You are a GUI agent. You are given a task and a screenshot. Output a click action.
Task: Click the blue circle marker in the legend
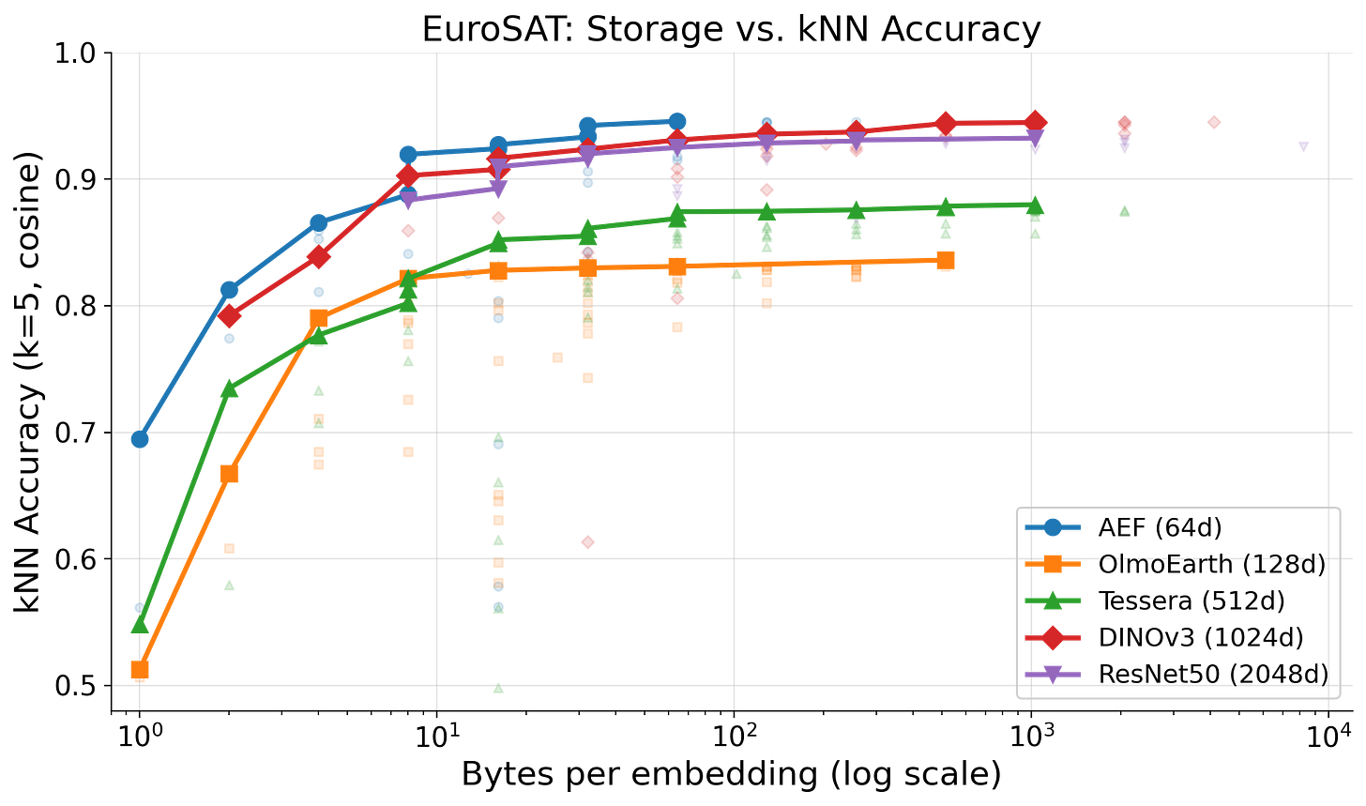click(x=1053, y=527)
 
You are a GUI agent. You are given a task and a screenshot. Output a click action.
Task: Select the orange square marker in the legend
click(x=1053, y=564)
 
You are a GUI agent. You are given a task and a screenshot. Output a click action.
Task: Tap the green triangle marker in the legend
click(x=1053, y=601)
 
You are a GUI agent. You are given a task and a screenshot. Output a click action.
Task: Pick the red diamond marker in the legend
click(x=1053, y=638)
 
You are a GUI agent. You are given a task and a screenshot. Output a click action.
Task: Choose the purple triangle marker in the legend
click(x=1053, y=674)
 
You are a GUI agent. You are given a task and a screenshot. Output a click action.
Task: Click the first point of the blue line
click(x=140, y=439)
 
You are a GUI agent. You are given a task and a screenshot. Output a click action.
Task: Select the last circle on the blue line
click(x=677, y=120)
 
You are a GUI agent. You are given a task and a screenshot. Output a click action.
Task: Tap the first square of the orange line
click(x=140, y=669)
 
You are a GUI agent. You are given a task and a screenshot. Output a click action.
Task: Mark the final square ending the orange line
click(x=946, y=261)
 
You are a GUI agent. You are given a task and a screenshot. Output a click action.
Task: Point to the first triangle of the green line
click(x=140, y=624)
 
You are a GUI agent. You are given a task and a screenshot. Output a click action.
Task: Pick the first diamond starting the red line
click(x=229, y=316)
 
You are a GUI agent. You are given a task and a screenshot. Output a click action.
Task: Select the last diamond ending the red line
click(x=1035, y=120)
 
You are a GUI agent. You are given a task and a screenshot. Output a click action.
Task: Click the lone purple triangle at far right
click(x=1303, y=147)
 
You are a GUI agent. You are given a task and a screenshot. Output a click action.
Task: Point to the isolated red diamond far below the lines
click(x=588, y=542)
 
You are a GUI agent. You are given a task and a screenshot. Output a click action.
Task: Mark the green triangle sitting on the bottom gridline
click(x=498, y=688)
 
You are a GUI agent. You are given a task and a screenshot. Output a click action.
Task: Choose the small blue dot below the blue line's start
click(x=140, y=608)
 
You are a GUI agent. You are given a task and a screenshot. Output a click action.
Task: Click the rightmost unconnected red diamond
click(x=1214, y=122)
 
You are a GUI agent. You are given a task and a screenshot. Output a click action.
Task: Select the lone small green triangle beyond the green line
click(x=1125, y=210)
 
